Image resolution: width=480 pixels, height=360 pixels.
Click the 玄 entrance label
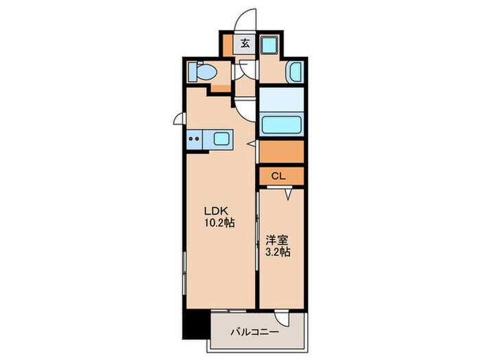[245, 43]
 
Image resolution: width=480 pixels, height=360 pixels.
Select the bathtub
[281, 125]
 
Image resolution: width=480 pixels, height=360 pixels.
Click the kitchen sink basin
[221, 139]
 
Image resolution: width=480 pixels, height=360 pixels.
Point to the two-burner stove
[194, 139]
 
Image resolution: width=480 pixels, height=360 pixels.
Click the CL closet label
[278, 176]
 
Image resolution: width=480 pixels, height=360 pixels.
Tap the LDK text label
[216, 211]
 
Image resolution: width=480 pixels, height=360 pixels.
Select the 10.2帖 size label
[219, 223]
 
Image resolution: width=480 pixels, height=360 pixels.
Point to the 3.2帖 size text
[278, 252]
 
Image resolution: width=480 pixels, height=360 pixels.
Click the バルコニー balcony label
[255, 332]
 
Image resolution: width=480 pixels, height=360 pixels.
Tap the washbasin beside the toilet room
[295, 72]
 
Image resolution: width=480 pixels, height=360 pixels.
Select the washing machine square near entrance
[269, 45]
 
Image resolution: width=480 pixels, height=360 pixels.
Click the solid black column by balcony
[196, 324]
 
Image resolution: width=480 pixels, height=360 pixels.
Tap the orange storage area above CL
[281, 152]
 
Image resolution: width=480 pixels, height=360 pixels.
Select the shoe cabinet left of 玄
[228, 46]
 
